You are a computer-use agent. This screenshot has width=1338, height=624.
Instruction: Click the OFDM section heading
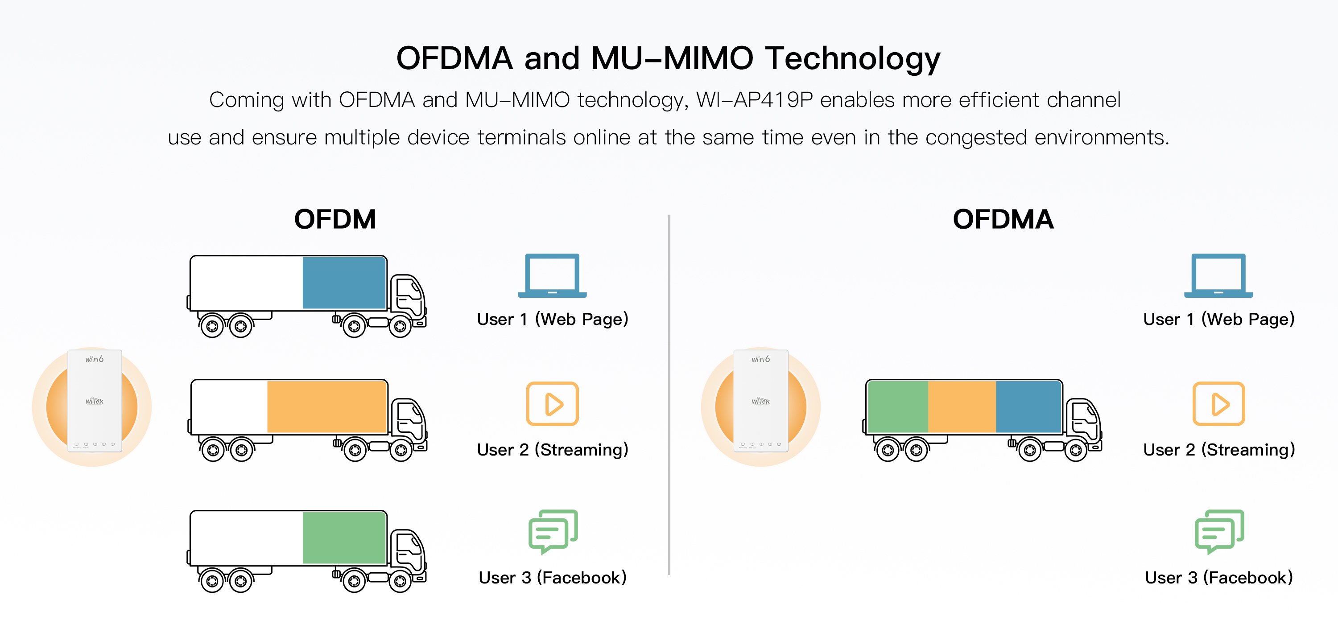click(x=335, y=219)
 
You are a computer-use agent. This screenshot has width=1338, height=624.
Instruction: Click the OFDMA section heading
click(x=1003, y=219)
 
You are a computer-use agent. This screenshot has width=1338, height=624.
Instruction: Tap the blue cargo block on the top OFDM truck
click(x=344, y=283)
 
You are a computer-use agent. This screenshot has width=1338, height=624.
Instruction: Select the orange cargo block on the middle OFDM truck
click(x=327, y=407)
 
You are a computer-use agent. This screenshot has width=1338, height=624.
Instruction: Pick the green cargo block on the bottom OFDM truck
click(x=344, y=538)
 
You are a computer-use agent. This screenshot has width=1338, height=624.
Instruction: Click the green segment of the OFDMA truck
click(x=898, y=407)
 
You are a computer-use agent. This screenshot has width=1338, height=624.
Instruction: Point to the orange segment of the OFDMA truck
click(x=962, y=407)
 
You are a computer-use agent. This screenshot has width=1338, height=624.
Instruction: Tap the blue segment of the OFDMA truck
click(x=1028, y=407)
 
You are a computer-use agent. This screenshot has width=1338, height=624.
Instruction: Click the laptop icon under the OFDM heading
click(x=552, y=275)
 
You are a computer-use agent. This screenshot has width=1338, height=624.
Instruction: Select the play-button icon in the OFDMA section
click(x=1218, y=404)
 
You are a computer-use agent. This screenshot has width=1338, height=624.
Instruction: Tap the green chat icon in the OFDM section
click(x=553, y=532)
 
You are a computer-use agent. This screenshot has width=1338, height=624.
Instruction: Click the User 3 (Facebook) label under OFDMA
click(x=1218, y=578)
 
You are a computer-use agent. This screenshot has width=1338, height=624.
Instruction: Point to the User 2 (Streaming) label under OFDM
click(x=553, y=450)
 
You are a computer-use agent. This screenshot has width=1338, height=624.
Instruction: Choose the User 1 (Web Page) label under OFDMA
click(x=1218, y=319)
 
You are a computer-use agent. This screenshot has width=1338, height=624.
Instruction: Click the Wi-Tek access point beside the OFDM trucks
click(x=95, y=401)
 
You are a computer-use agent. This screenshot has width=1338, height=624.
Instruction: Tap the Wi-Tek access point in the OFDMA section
click(x=761, y=401)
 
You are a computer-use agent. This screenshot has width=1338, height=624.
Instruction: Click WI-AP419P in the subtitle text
click(x=754, y=100)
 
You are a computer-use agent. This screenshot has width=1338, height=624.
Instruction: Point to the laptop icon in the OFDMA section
click(x=1218, y=275)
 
